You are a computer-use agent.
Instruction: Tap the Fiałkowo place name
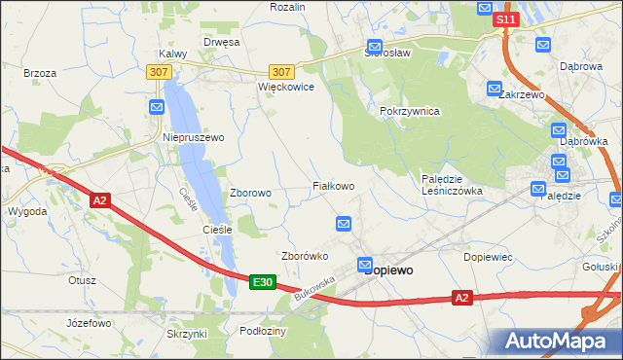click(x=332, y=185)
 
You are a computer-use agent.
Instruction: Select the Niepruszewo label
click(x=193, y=137)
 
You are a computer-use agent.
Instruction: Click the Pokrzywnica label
click(x=410, y=111)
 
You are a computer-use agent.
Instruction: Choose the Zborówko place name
click(x=304, y=256)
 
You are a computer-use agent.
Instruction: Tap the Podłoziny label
click(x=262, y=331)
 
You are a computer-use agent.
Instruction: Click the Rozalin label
click(x=287, y=7)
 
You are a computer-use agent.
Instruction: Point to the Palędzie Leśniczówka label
click(x=452, y=185)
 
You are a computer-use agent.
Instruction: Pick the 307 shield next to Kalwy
click(x=158, y=71)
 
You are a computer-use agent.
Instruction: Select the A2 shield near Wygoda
click(x=99, y=200)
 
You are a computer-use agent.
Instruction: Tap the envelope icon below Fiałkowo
click(x=344, y=225)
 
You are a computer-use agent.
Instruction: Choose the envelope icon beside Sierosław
click(x=374, y=46)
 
